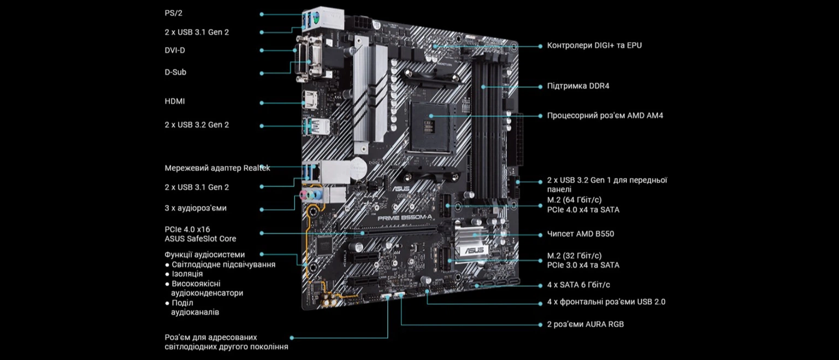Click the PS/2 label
(173, 13)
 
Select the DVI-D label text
(175, 50)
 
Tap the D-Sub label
(175, 72)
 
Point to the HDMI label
(175, 101)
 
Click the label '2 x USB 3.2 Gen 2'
(197, 125)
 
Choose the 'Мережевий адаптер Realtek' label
(217, 168)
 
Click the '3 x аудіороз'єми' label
(196, 208)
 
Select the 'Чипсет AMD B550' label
(581, 234)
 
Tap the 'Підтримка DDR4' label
(578, 86)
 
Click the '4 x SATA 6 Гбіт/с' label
(578, 285)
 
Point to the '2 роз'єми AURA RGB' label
(586, 324)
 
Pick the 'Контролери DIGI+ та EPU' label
(594, 45)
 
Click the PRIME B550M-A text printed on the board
(405, 217)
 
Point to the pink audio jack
(303, 194)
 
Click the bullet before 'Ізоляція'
(167, 274)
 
